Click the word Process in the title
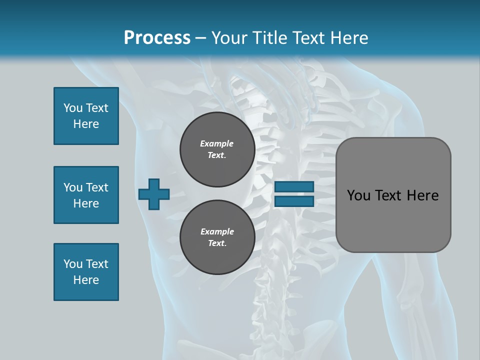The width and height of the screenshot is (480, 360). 157,37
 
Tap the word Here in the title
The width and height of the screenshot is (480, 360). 348,37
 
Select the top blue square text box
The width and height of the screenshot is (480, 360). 86,116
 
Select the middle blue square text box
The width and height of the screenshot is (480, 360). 86,195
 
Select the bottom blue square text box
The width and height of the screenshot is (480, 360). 86,272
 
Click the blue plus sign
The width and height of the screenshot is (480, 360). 154,194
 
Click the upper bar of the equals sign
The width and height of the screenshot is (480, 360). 294,186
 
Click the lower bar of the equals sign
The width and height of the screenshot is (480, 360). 294,201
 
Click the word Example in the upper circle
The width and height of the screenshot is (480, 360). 216,143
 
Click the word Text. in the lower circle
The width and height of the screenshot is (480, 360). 217,243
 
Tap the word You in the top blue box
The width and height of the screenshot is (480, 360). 73,108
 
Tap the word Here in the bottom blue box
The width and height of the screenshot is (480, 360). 86,280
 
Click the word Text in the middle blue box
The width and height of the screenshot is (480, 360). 97,187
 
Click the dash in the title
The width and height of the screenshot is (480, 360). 200,37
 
